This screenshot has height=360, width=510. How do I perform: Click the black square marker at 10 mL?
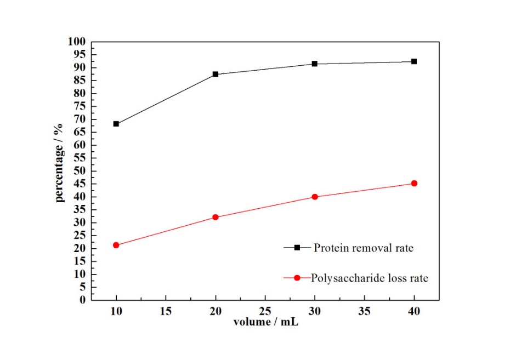pos(116,124)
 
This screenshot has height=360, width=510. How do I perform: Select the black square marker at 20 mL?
pos(216,74)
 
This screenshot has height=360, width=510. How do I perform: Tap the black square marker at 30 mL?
pos(315,64)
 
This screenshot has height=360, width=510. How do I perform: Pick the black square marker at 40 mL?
pos(414,61)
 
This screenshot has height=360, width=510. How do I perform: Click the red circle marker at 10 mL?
pos(116,245)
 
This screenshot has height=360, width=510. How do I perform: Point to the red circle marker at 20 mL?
pos(216,217)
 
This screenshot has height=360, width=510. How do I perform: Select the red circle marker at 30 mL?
pos(315,197)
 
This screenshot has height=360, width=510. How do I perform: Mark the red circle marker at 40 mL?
pos(414,183)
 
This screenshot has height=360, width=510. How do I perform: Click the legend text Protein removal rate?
pos(363,248)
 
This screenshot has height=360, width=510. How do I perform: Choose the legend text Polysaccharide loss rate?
pos(370,278)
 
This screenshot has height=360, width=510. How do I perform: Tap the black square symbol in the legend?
pos(297,248)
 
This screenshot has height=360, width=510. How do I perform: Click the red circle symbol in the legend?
pos(297,278)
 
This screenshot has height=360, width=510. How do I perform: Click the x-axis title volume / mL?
pos(266,322)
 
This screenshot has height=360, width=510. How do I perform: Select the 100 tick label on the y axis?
pos(77,42)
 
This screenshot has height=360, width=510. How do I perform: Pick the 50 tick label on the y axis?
pos(80,171)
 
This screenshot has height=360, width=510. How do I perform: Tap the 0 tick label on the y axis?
pos(83,300)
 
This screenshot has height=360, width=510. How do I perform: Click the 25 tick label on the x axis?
pos(265,311)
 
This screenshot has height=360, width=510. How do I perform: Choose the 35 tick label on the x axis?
pos(365,311)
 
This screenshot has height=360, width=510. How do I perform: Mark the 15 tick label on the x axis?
pos(166,311)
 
